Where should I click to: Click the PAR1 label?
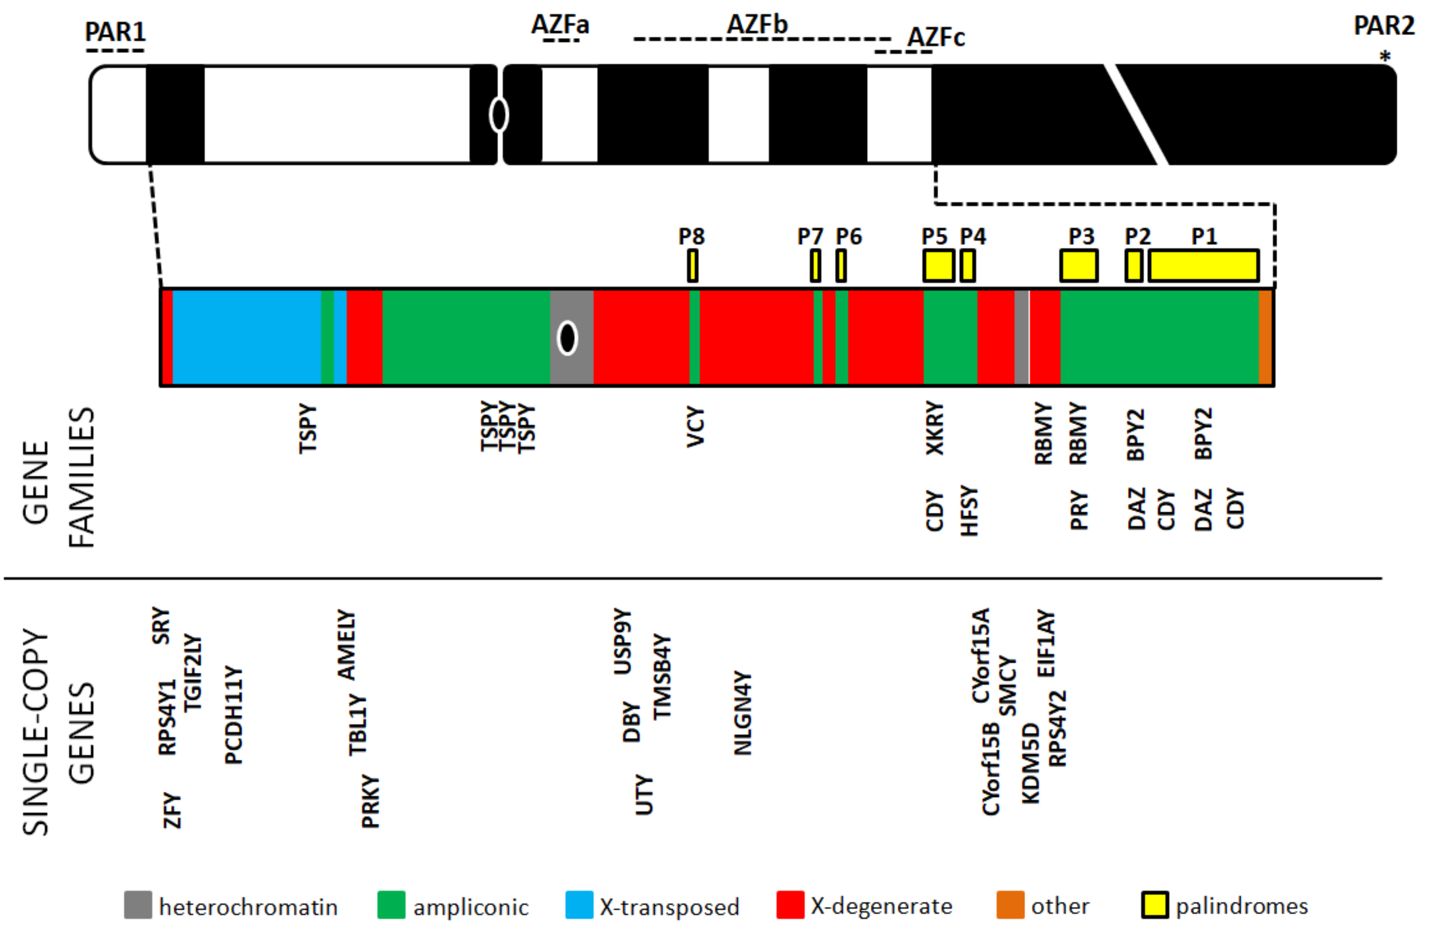point(115,31)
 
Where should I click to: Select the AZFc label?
point(935,37)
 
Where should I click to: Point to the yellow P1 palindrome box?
point(1203,265)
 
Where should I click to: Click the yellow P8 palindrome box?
point(692,265)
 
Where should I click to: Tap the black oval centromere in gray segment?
point(567,338)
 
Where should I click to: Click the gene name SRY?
point(161,625)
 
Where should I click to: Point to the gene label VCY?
point(695,427)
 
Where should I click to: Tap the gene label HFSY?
point(969,510)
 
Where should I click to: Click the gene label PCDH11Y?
point(233,715)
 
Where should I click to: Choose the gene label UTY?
point(644,794)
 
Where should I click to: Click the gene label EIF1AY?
point(1046,644)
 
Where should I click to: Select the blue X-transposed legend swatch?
point(579,905)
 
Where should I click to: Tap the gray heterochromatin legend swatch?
point(138,905)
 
